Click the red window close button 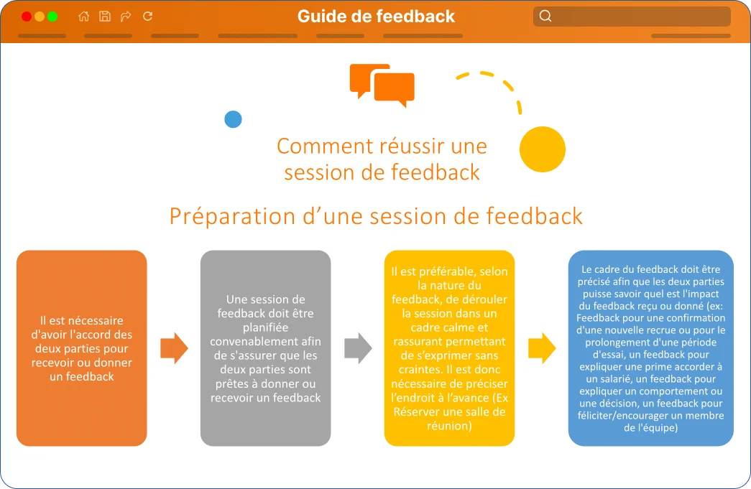27,17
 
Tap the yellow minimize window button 40,17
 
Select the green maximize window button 52,17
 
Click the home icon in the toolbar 84,17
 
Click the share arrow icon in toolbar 126,17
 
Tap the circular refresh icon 147,17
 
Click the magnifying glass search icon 545,17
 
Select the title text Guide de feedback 376,17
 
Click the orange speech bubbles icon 382,85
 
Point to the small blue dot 234,119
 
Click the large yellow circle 543,149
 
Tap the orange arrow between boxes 175,348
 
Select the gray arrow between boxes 359,348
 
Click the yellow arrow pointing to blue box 542,348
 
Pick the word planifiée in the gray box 265,327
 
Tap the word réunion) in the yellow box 449,425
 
